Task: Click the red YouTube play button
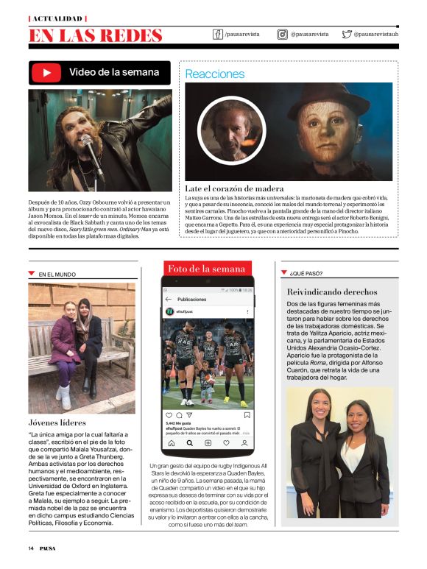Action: pyautogui.click(x=47, y=73)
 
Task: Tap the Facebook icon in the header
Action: pyautogui.click(x=217, y=34)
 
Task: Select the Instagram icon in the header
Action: pyautogui.click(x=282, y=34)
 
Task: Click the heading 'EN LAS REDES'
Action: pyautogui.click(x=96, y=35)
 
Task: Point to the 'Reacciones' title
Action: pyautogui.click(x=214, y=74)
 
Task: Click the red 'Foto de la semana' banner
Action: pyautogui.click(x=206, y=269)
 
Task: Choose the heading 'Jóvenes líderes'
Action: pyautogui.click(x=58, y=423)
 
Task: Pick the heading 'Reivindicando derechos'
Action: pyautogui.click(x=331, y=292)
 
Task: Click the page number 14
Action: pyautogui.click(x=32, y=548)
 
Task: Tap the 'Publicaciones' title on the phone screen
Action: pyautogui.click(x=192, y=300)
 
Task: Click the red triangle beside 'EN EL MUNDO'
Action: pyautogui.click(x=31, y=273)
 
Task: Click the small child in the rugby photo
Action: pyautogui.click(x=204, y=384)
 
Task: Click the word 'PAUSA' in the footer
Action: pyautogui.click(x=49, y=548)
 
